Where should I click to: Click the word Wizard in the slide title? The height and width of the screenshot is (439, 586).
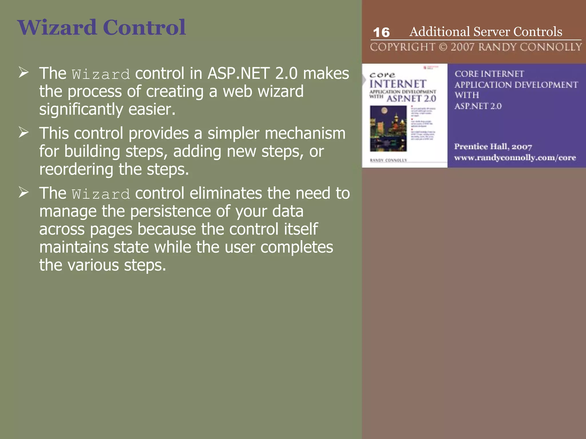point(57,27)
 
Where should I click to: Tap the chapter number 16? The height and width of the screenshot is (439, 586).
point(381,32)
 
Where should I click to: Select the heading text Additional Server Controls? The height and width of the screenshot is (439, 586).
point(486,31)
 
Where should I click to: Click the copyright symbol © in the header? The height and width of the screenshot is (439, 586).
point(443,47)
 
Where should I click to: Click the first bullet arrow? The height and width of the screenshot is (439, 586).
point(23,73)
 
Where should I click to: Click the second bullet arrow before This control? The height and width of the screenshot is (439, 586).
point(23,133)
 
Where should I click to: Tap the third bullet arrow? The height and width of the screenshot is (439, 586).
point(23,192)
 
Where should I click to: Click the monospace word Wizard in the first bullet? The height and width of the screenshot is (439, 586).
point(101,75)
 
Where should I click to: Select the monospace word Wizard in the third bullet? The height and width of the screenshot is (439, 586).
point(101,194)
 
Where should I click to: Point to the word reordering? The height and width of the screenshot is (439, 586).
point(76,169)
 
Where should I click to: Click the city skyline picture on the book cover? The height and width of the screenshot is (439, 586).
point(388,128)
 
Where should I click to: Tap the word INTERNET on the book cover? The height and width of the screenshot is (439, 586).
point(398,84)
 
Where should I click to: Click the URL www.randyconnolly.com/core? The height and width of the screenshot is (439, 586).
point(515,158)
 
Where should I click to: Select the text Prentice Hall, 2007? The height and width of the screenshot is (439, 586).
point(493,147)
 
